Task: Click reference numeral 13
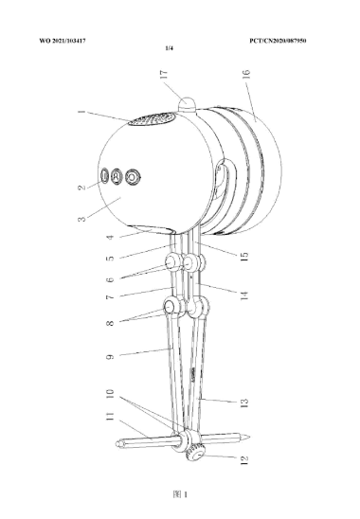point(243,405)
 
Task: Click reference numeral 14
point(243,295)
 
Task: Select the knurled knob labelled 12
point(197,455)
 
